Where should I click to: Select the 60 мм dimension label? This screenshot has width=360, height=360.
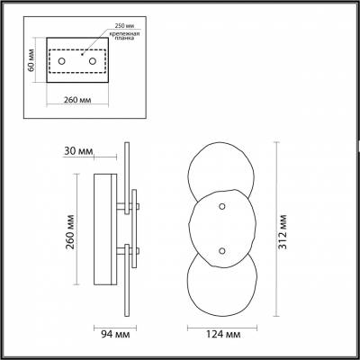point(30,61)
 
